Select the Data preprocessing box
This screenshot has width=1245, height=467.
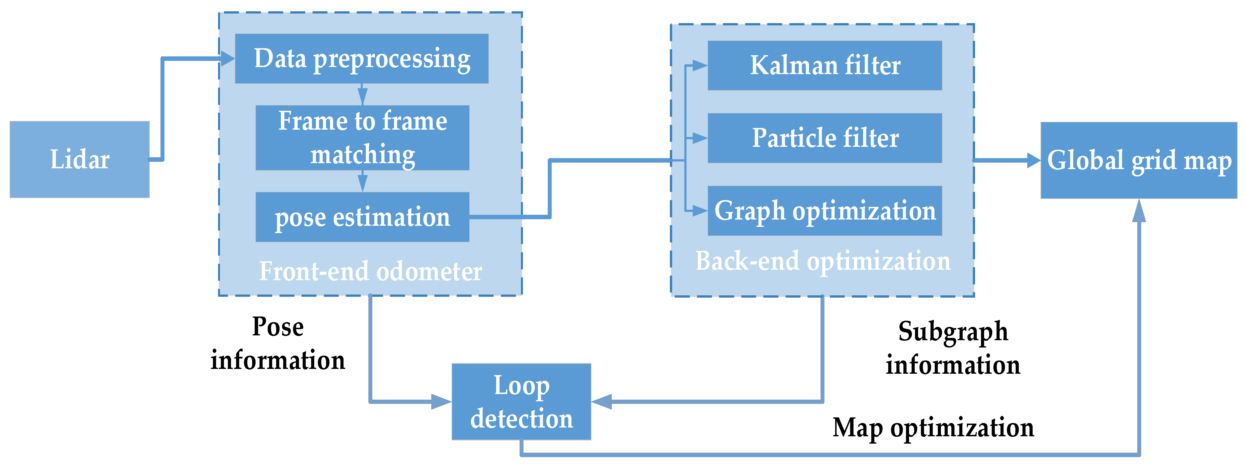(x=362, y=58)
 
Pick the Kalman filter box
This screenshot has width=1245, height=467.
(x=824, y=65)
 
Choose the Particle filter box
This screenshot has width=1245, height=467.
(x=824, y=138)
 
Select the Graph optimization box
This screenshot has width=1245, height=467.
(x=824, y=211)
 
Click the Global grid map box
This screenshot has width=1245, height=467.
(x=1139, y=160)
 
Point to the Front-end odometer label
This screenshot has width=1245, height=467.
(x=370, y=271)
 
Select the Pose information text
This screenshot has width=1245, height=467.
(x=278, y=343)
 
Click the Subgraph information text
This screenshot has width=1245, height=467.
(x=953, y=348)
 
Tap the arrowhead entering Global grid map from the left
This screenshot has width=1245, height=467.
(x=1033, y=160)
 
